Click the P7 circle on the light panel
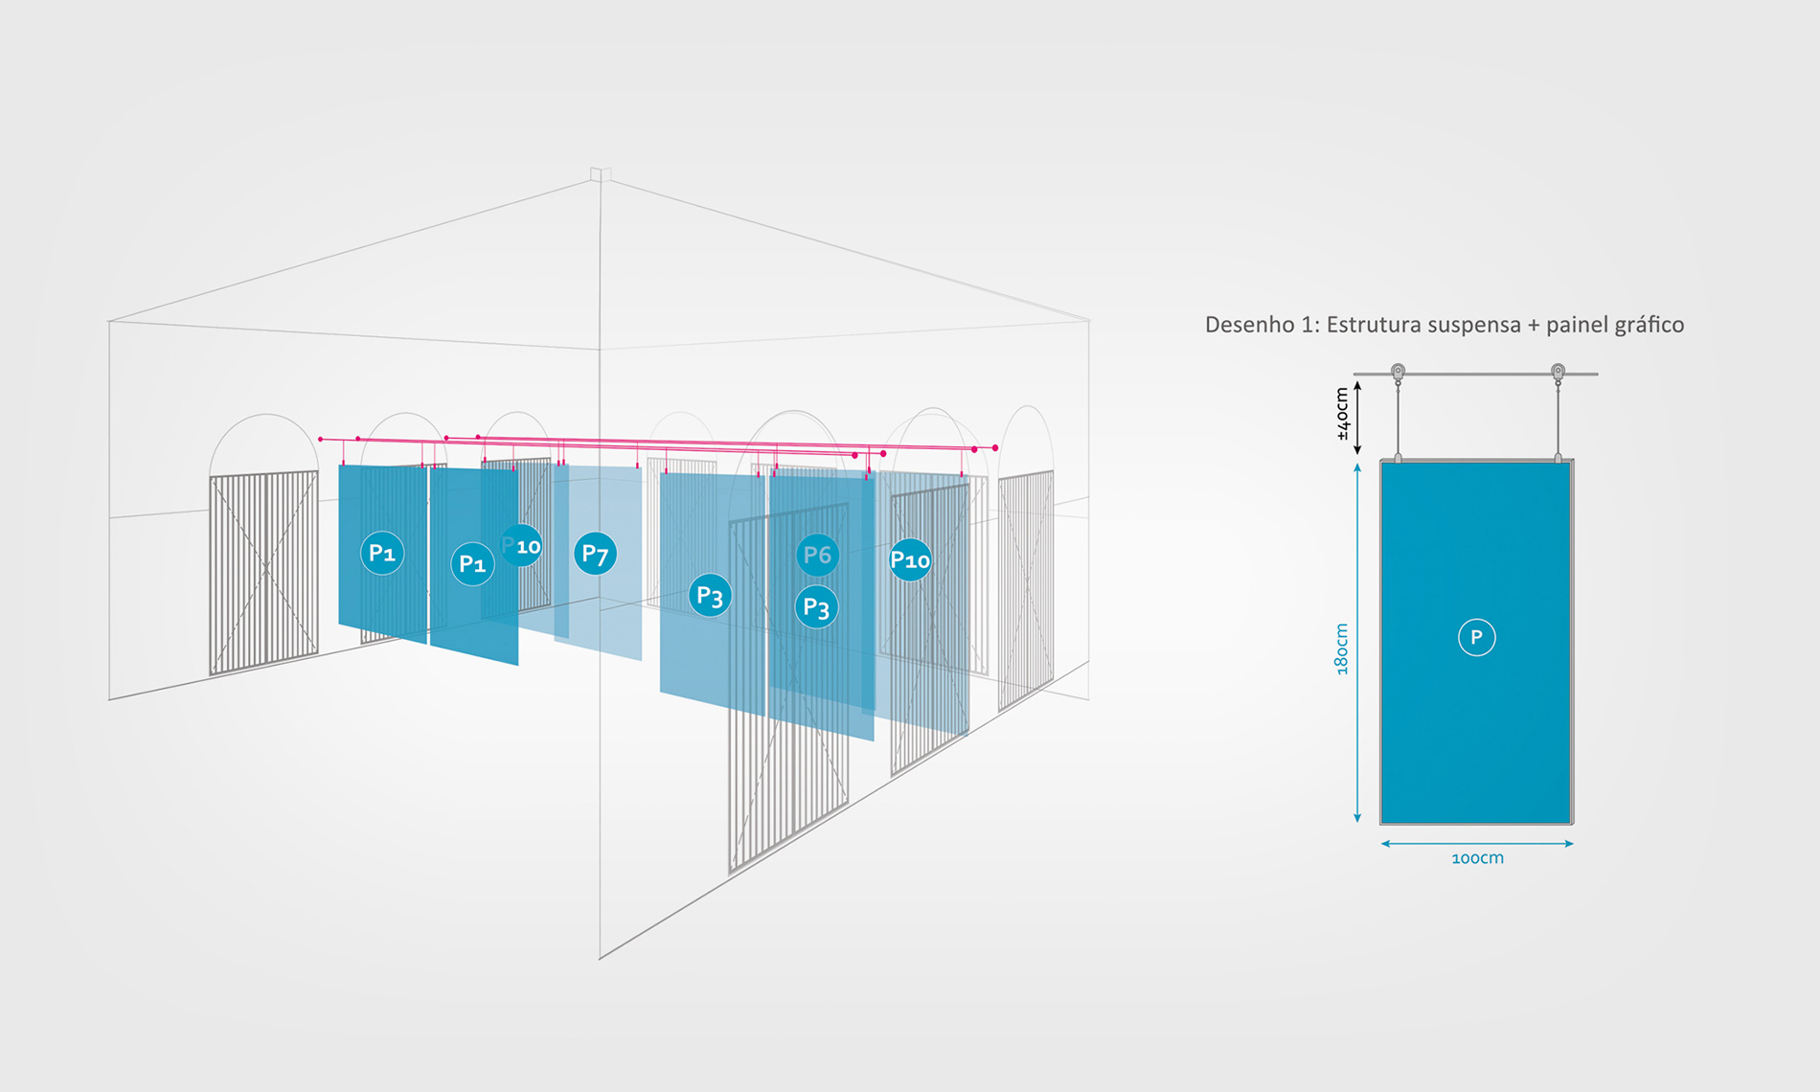pyautogui.click(x=595, y=554)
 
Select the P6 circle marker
pyautogui.click(x=817, y=555)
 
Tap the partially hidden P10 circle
pyautogui.click(x=522, y=546)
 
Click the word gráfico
pyautogui.click(x=1649, y=326)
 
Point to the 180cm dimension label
pyautogui.click(x=1342, y=648)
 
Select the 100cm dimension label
pyautogui.click(x=1477, y=858)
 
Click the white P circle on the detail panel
pyautogui.click(x=1476, y=637)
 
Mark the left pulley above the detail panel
pyautogui.click(x=1398, y=372)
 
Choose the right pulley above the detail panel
pyautogui.click(x=1558, y=372)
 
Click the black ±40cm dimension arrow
pyautogui.click(x=1357, y=418)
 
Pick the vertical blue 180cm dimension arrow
pyautogui.click(x=1357, y=642)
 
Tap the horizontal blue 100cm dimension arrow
pyautogui.click(x=1476, y=844)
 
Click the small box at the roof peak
pyautogui.click(x=601, y=174)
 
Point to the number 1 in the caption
pyautogui.click(x=1309, y=326)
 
